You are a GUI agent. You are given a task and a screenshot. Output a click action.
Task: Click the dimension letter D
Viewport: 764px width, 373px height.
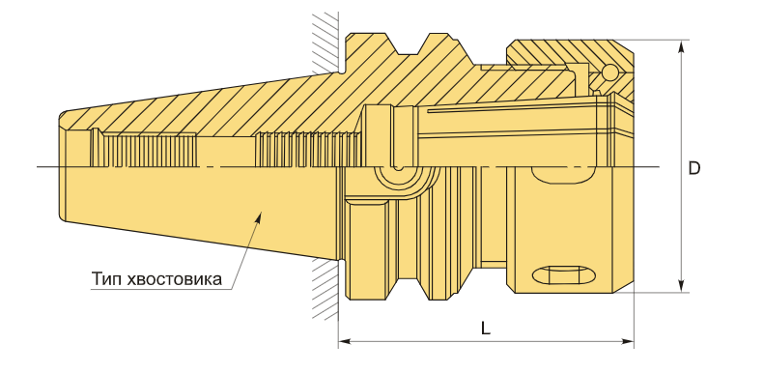point(693,168)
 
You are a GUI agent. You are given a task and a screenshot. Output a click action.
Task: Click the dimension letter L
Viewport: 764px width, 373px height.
point(485,329)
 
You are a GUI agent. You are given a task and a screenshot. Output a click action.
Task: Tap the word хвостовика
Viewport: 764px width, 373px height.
point(174,279)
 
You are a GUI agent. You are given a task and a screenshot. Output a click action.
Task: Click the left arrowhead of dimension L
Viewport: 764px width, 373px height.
point(345,341)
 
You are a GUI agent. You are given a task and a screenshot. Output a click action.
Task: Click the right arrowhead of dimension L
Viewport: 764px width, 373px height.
point(628,341)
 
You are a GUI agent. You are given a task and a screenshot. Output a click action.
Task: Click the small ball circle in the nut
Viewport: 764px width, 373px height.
point(609,72)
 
